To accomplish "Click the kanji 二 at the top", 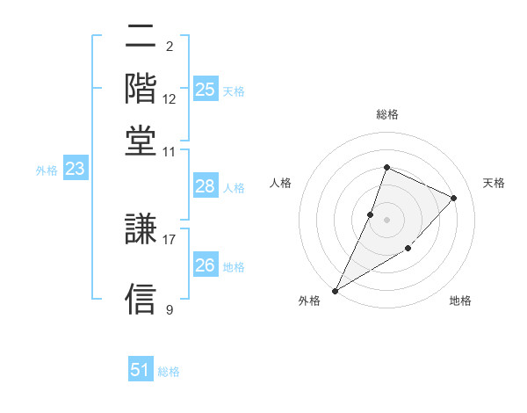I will coord(141,38).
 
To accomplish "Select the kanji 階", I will coord(141,88).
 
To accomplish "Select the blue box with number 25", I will coord(206,90).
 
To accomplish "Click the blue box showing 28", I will coord(206,186).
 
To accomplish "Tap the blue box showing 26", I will coord(206,264).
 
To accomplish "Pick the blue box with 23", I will coord(76,170).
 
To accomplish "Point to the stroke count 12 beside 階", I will coord(170,98).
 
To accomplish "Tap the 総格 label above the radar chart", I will coord(386,114).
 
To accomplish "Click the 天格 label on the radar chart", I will coord(494,183).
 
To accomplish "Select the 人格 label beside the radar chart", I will coord(280,183).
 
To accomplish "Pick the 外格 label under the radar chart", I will coord(309,301).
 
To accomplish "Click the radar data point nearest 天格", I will coord(454,198).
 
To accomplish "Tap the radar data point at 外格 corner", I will coord(335,290).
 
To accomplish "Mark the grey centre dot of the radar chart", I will coord(386,220).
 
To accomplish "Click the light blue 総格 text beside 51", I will coord(169,372).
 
